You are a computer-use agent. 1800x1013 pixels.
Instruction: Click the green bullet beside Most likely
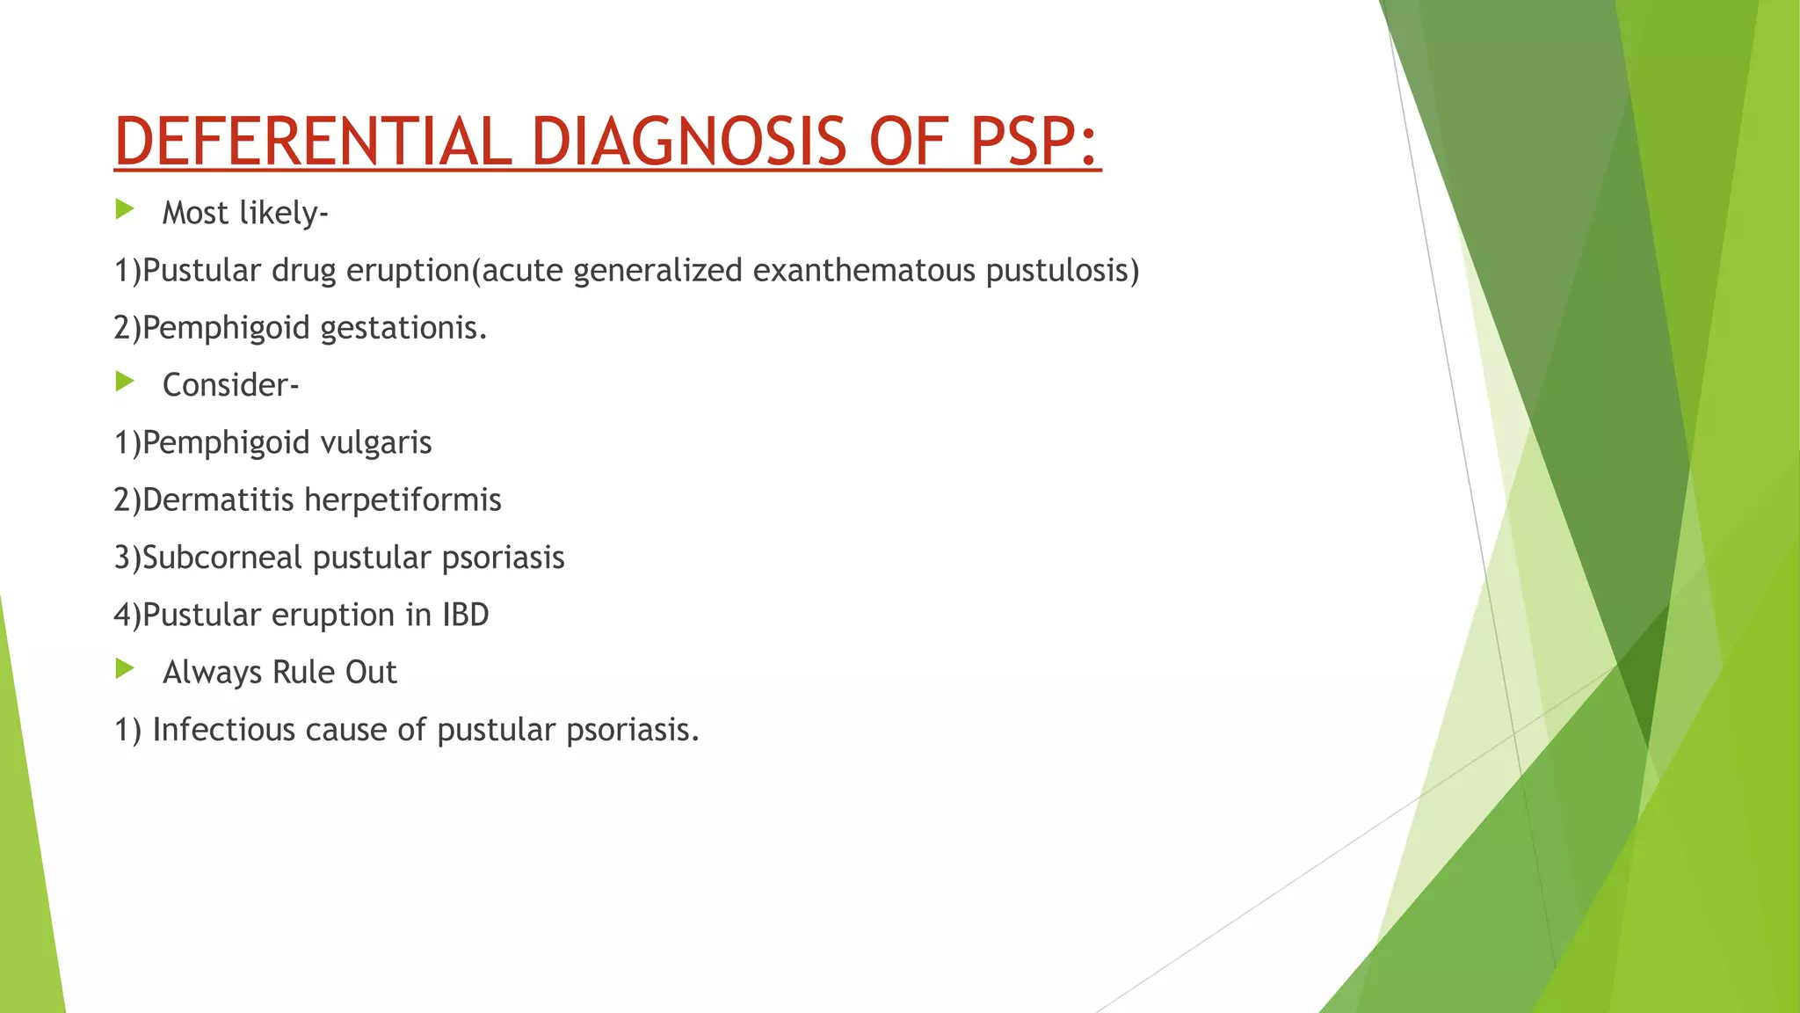(x=125, y=209)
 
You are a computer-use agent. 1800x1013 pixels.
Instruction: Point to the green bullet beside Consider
(x=125, y=382)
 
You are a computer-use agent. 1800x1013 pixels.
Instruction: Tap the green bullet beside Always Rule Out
(x=125, y=669)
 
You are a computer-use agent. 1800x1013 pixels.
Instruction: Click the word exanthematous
(x=863, y=270)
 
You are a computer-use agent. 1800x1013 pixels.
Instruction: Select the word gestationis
(x=403, y=328)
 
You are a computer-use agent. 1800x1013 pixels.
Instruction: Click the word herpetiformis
(x=403, y=499)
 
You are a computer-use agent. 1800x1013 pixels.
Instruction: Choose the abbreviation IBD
(x=465, y=615)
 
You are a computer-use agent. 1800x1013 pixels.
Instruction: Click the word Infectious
(x=223, y=730)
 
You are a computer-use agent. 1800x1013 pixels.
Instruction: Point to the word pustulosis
(x=1057, y=270)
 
